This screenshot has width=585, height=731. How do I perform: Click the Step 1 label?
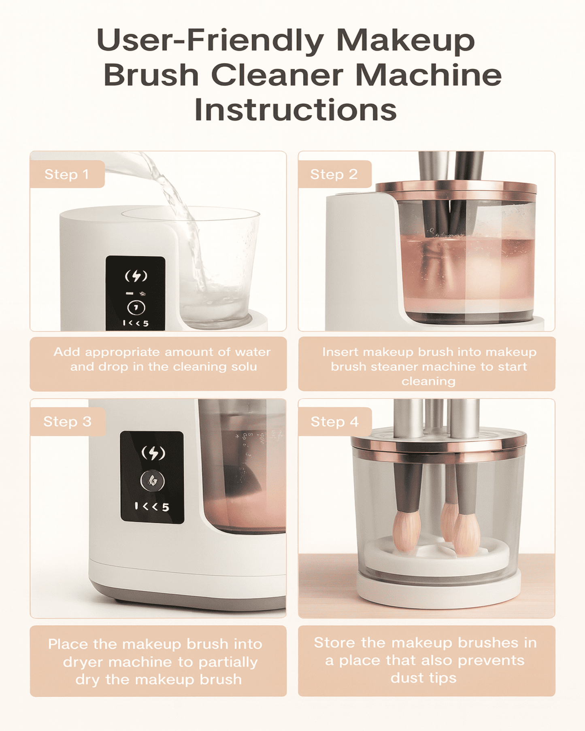coord(66,174)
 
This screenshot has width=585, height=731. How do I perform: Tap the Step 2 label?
coord(334,174)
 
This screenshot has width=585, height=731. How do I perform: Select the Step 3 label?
coord(67,422)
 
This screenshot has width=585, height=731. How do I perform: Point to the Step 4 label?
coord(334,422)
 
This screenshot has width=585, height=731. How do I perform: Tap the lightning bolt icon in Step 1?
coord(136,276)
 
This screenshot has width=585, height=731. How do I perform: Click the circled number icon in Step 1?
coord(136,308)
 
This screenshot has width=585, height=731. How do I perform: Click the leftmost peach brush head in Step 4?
coord(407,531)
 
